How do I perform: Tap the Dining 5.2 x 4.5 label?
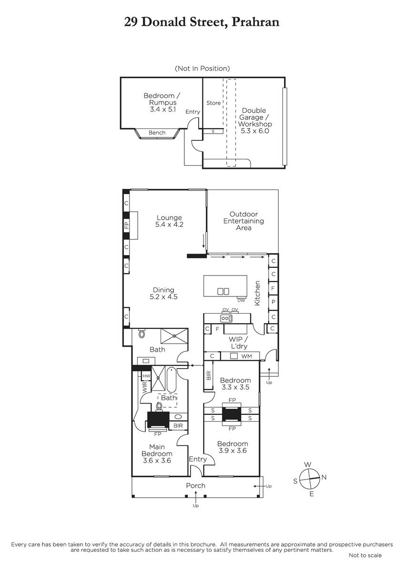click(163, 293)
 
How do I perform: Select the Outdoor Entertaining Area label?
click(243, 221)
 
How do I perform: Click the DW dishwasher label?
click(241, 300)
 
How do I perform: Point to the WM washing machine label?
click(246, 356)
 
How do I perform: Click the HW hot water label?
click(146, 376)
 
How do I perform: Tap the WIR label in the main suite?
click(145, 387)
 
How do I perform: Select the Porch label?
click(195, 486)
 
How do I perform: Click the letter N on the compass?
click(324, 477)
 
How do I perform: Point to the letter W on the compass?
click(308, 464)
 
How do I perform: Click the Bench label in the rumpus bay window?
click(157, 133)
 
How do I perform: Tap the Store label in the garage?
click(213, 103)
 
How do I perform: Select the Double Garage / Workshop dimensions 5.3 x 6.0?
click(255, 131)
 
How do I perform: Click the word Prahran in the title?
click(255, 22)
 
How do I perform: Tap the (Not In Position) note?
click(202, 69)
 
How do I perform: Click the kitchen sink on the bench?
click(226, 318)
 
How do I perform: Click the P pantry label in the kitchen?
click(273, 302)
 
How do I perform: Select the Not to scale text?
click(365, 555)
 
